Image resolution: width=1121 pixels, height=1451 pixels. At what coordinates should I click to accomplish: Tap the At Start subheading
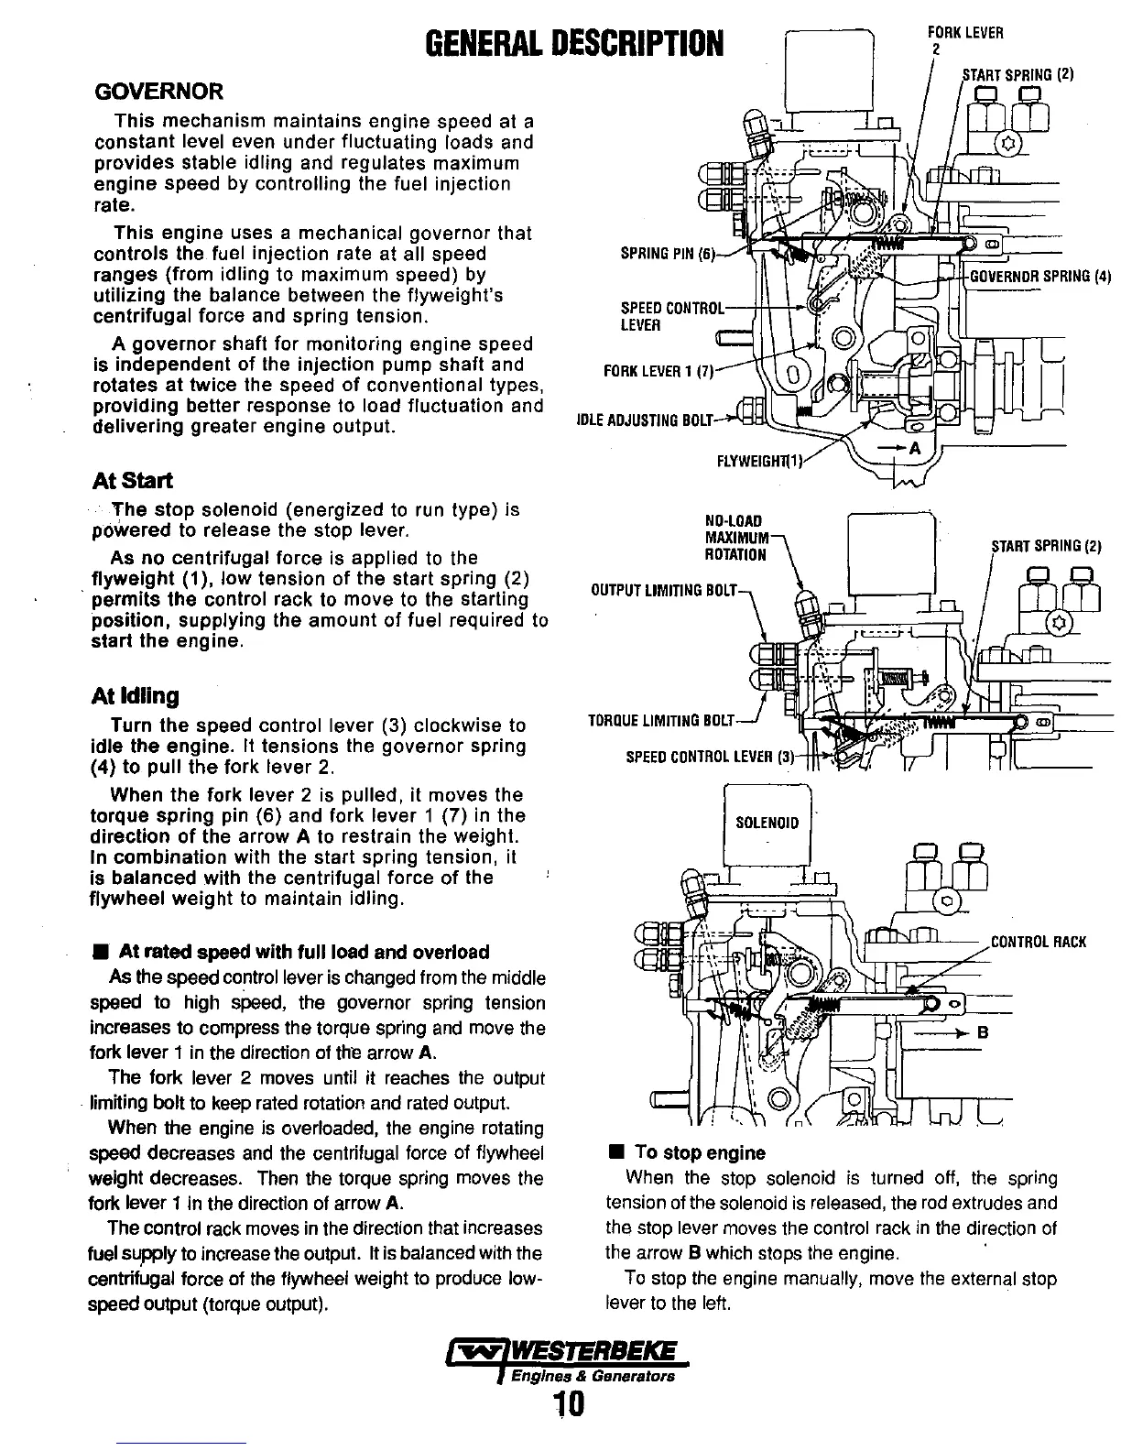coord(133,481)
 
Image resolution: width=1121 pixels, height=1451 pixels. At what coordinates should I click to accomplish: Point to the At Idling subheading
coord(136,695)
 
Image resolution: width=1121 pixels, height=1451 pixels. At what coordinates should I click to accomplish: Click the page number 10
coord(569,1403)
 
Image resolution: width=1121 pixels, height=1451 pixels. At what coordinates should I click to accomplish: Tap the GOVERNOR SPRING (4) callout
coord(1039,276)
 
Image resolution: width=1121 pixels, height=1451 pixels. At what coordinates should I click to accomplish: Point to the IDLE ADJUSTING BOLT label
coord(644,421)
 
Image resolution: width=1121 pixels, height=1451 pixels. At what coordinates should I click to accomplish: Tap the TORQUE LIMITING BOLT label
coord(660,721)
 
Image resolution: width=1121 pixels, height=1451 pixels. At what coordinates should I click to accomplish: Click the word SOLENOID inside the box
coord(767,823)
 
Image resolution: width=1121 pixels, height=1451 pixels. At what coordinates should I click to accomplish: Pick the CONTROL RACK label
coord(1039,942)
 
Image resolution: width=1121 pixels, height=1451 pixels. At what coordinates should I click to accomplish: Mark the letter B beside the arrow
coord(984,1032)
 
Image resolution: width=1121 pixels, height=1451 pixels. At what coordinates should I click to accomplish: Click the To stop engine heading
coord(700,1153)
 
